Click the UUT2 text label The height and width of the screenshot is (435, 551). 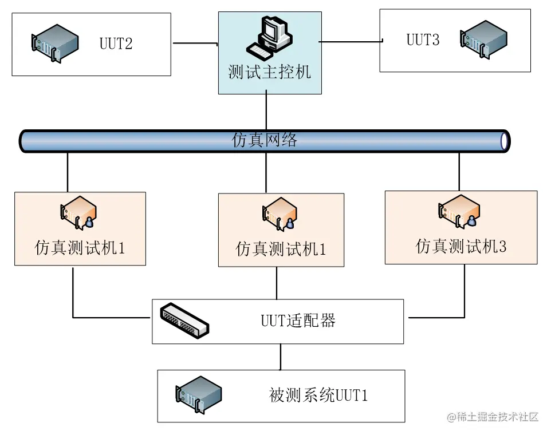pos(116,43)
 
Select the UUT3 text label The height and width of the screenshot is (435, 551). pos(423,39)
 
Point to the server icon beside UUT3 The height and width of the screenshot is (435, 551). pos(483,40)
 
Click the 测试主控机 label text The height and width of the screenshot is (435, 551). pos(270,72)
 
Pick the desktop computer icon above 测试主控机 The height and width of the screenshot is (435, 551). pos(270,37)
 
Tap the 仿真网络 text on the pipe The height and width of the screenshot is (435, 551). pos(265,140)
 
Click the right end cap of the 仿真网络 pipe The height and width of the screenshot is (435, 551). pos(503,141)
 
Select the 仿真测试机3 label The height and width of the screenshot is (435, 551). pos(461,247)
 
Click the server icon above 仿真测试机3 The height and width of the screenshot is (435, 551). pos(460,210)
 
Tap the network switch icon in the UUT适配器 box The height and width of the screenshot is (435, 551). pos(184,319)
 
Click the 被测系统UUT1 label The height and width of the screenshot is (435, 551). pos(318,396)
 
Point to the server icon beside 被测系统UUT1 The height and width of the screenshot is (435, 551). pos(198,394)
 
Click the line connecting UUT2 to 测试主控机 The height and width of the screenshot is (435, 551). pos(194,43)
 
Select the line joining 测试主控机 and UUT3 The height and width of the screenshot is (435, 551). pos(351,41)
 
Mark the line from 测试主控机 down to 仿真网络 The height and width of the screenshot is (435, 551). pos(267,112)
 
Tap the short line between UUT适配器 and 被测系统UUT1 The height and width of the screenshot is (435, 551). pos(281,357)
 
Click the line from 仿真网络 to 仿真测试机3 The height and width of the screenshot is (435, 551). pos(459,171)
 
